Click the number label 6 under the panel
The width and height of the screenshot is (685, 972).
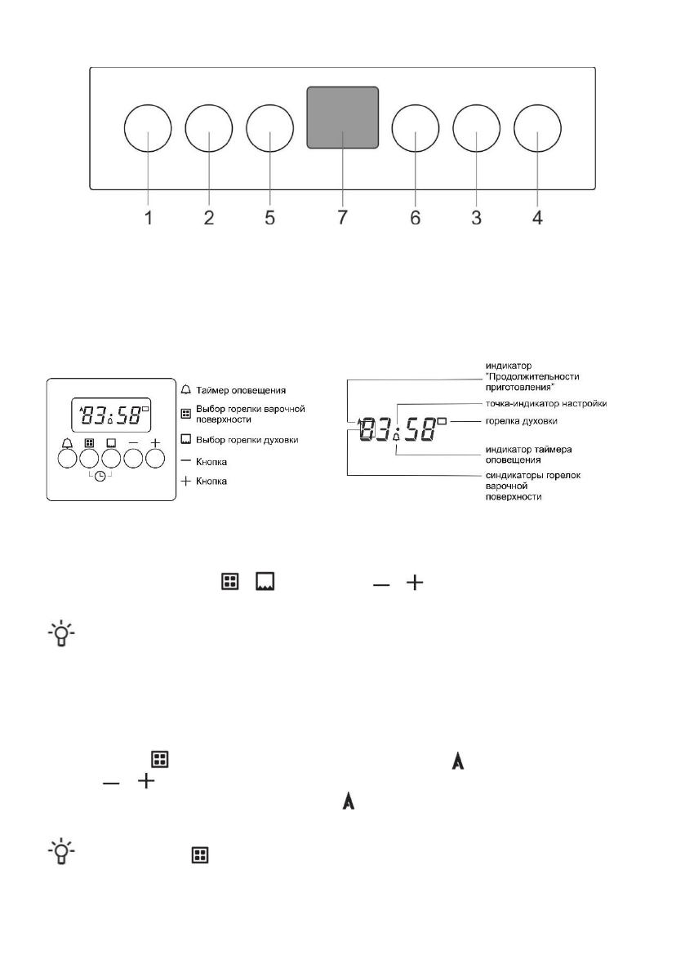(x=415, y=218)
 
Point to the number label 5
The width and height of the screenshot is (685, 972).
(x=270, y=218)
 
